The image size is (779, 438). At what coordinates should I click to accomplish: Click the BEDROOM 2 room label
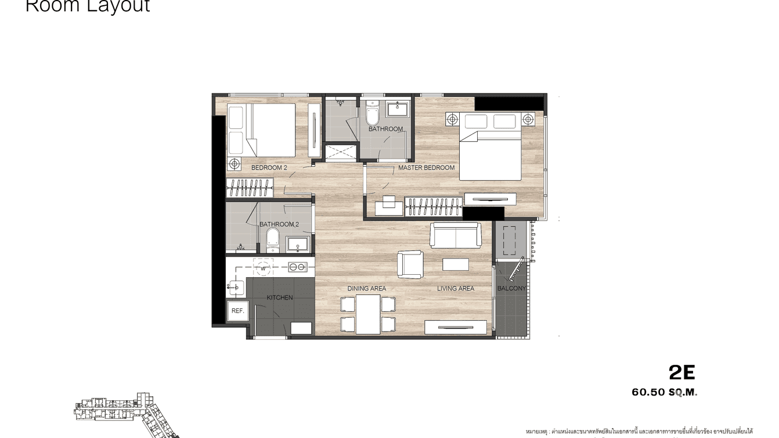coord(269,168)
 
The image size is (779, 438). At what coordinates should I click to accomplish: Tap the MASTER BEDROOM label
coord(426,168)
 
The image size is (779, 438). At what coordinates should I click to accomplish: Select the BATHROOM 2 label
coord(279,224)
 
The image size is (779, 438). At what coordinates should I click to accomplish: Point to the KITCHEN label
coord(280,298)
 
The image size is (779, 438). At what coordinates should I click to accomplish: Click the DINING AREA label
coord(366,289)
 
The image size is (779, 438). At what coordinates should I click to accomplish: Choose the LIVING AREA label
coord(455,289)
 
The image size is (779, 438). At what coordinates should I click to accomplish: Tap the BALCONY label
coord(511,289)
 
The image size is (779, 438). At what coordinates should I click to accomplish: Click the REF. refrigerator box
coord(237,311)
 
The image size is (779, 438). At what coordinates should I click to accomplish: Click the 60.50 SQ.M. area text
coord(664,393)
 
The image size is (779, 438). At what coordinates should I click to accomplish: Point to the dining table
coord(368,314)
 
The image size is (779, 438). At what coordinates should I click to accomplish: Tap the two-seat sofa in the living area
coord(455,235)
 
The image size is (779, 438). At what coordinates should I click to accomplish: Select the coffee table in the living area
coord(455,264)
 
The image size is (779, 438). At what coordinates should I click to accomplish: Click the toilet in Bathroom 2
coord(272,240)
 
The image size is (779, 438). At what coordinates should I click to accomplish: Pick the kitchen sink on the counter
coord(237,286)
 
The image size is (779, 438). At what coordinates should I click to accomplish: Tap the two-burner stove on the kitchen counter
coord(298,267)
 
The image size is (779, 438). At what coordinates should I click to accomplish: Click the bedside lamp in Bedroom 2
coord(234,163)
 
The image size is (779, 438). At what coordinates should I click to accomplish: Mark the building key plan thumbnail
coord(125,414)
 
